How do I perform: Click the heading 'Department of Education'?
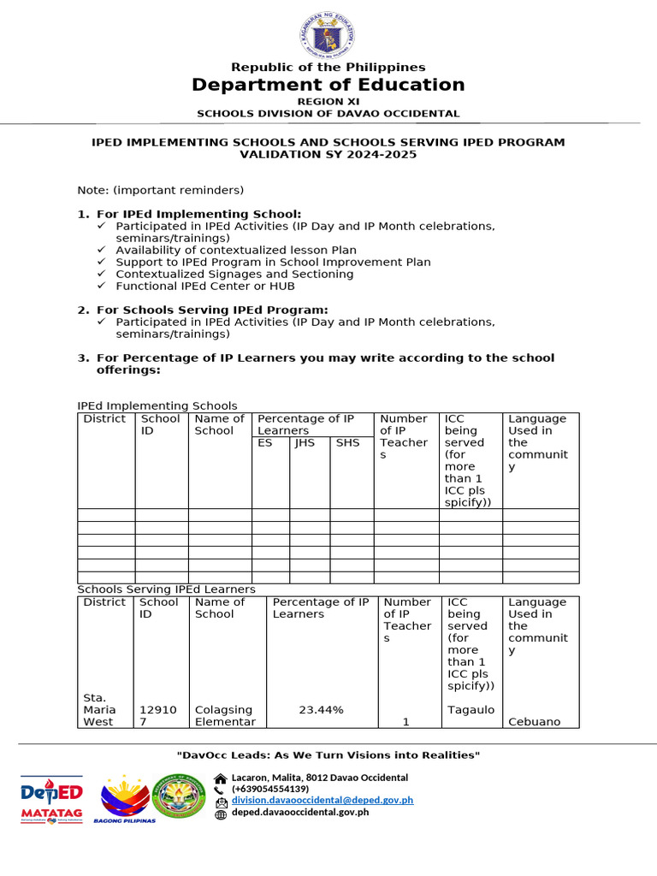328,85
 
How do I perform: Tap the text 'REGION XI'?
328,101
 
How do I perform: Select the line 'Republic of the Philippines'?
328,67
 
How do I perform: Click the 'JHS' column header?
305,442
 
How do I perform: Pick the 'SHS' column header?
347,442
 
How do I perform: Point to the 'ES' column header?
265,442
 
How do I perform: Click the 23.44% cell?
321,709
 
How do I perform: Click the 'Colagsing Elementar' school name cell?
225,715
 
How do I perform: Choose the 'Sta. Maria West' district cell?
100,709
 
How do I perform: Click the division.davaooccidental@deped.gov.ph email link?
322,801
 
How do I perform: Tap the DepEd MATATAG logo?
51,800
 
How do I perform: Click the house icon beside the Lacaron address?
221,778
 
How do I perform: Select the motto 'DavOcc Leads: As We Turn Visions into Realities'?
328,755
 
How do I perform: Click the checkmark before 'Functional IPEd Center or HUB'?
100,286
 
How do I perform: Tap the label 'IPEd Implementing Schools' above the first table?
157,405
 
